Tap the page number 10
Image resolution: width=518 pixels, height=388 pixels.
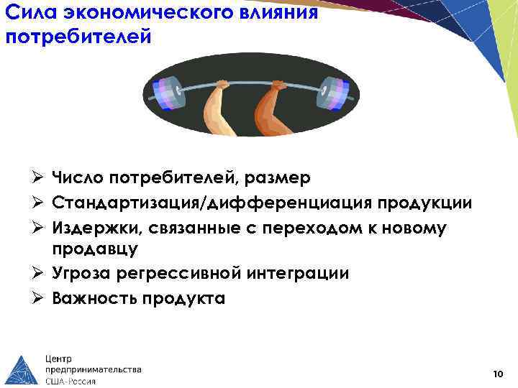498,374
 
